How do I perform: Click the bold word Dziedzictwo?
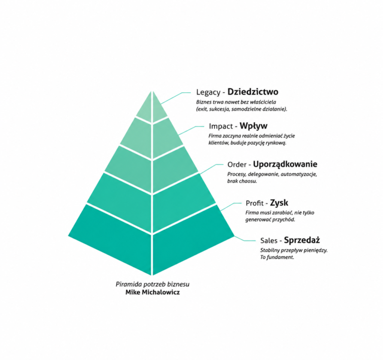tap(253, 92)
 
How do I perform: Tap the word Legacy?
tap(208, 92)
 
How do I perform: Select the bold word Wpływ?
tap(253, 126)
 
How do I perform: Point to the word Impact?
tap(221, 126)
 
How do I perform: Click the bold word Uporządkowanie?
tap(285, 165)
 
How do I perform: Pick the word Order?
tap(237, 165)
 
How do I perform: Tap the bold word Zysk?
tap(279, 203)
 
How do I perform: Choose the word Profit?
tap(254, 203)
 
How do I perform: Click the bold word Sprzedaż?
tap(302, 240)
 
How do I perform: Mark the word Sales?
tap(269, 240)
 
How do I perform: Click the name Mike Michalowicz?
tap(153, 292)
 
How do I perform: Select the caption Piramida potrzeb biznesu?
tap(153, 284)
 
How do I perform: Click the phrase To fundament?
tap(277, 257)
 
